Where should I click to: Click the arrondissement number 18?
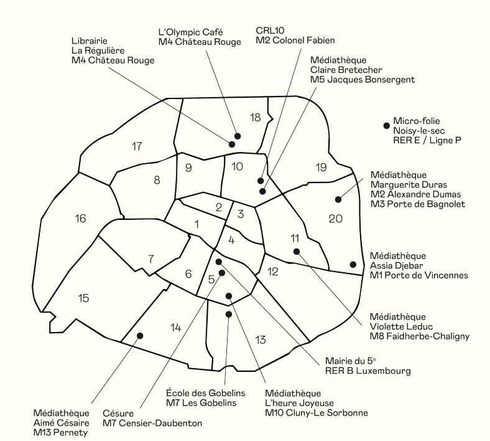pyautogui.click(x=256, y=118)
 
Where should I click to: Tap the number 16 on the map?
pyautogui.click(x=80, y=219)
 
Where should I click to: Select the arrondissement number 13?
pyautogui.click(x=261, y=339)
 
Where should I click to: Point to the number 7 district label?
pyautogui.click(x=151, y=259)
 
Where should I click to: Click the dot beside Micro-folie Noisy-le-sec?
pyautogui.click(x=387, y=125)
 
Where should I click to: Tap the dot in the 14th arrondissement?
pyautogui.click(x=140, y=336)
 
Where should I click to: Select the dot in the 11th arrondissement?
pyautogui.click(x=297, y=251)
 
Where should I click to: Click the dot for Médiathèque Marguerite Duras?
pyautogui.click(x=338, y=199)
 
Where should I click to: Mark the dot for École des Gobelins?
pyautogui.click(x=229, y=314)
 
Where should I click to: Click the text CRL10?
pyautogui.click(x=270, y=31)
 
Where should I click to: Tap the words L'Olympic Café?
pyautogui.click(x=191, y=32)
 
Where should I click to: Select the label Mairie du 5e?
pyautogui.click(x=350, y=361)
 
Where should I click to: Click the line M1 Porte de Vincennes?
pyautogui.click(x=419, y=275)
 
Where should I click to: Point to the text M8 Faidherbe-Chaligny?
pyautogui.click(x=420, y=336)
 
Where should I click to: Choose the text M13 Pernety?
pyautogui.click(x=60, y=433)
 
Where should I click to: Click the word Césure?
pyautogui.click(x=118, y=414)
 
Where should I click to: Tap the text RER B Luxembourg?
pyautogui.click(x=368, y=371)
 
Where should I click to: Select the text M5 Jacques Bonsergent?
pyautogui.click(x=363, y=80)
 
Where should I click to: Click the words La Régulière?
pyautogui.click(x=98, y=50)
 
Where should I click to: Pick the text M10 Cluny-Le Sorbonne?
pyautogui.click(x=317, y=413)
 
